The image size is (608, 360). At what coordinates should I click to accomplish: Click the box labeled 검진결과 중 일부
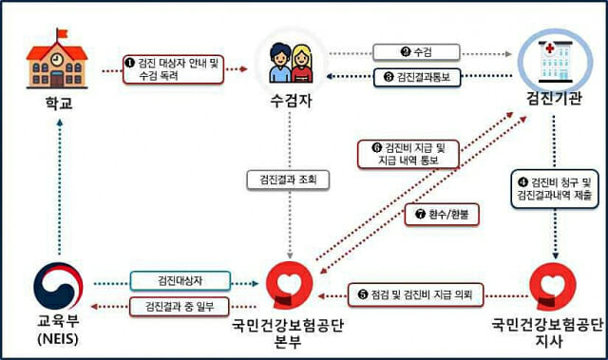[180, 306]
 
